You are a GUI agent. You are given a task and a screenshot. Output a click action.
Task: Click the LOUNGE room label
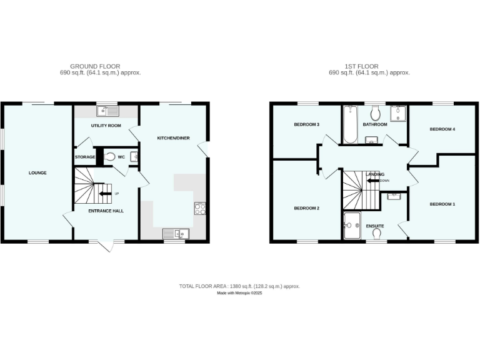(37, 172)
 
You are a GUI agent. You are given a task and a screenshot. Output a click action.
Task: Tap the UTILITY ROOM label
(106, 126)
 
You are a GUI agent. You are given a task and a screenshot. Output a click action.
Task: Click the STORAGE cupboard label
(85, 157)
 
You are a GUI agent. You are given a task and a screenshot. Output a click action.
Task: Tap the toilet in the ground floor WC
(111, 157)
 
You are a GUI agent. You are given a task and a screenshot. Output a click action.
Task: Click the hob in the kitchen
(200, 209)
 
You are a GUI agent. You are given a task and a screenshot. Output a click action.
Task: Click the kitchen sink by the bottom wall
(176, 234)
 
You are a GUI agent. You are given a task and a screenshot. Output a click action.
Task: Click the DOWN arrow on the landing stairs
(372, 181)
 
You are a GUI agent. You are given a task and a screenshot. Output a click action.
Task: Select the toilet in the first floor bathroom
(376, 114)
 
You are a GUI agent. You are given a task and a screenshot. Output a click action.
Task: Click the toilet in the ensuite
(377, 234)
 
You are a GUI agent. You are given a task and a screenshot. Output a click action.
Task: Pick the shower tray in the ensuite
(352, 225)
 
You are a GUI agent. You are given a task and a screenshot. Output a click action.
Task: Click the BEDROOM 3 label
(307, 124)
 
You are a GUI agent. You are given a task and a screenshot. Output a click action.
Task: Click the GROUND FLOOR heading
(95, 66)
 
